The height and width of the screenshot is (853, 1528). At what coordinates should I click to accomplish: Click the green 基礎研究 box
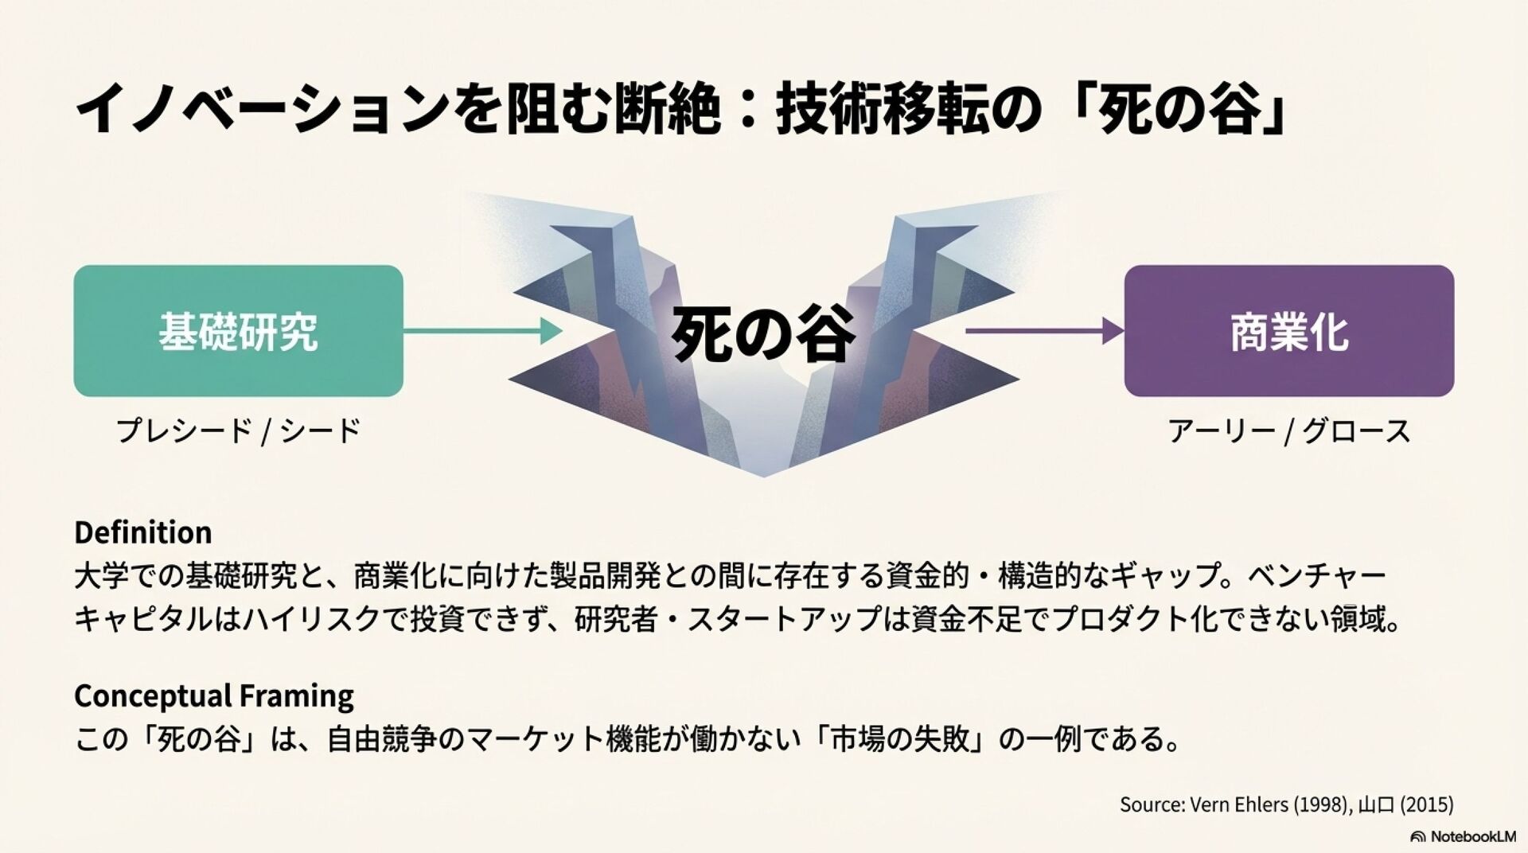coord(238,331)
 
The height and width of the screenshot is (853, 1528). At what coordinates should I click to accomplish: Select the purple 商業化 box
coord(1288,331)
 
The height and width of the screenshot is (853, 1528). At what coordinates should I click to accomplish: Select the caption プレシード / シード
coord(238,430)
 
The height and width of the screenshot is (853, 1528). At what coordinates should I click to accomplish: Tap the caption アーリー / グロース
coord(1288,431)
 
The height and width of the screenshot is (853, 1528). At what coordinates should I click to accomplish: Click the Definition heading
coord(143,532)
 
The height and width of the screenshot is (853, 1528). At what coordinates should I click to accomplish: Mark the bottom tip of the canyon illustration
coord(763,475)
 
